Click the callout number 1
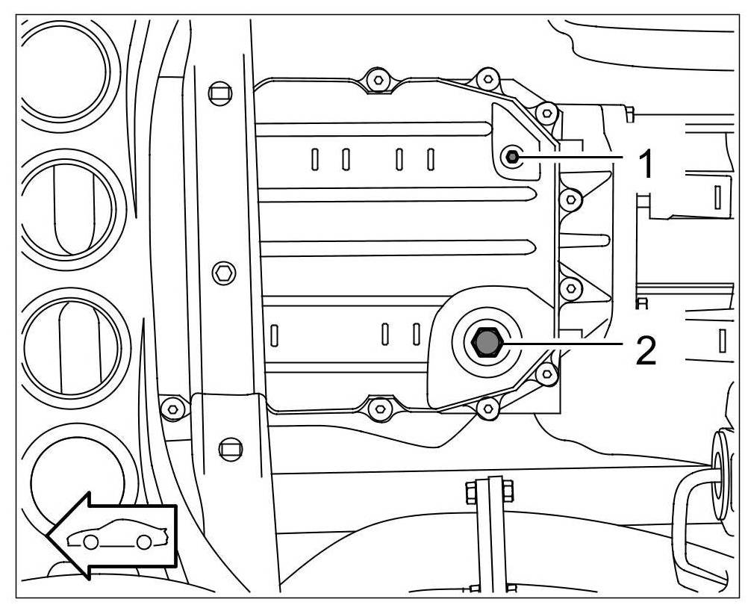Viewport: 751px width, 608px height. click(647, 163)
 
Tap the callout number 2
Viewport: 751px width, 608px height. click(646, 350)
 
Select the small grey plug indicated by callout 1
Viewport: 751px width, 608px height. click(512, 157)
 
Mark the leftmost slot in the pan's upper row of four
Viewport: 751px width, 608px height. click(315, 159)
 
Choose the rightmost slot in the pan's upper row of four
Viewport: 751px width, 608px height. click(431, 159)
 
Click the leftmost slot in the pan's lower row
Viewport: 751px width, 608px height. click(274, 334)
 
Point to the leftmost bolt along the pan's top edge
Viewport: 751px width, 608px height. click(378, 79)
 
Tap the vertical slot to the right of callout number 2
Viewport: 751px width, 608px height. click(721, 340)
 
